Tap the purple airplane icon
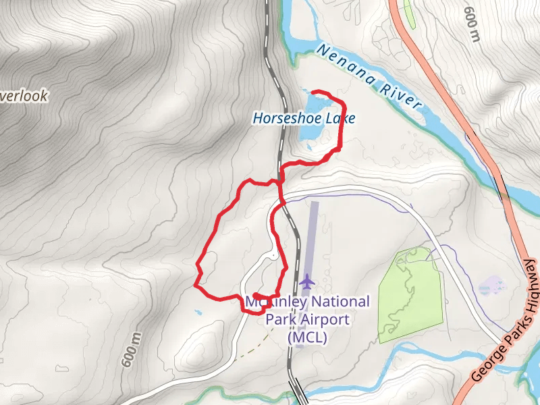pos(308,280)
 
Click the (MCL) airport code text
pos(307,337)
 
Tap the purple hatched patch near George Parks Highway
pos(491,286)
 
